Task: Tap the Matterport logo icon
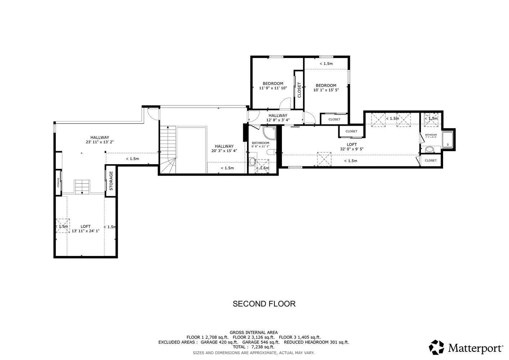[x=436, y=347]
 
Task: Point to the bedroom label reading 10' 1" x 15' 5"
[x=326, y=88]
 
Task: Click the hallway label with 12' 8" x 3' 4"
[x=278, y=118]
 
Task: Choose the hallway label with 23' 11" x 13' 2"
[x=100, y=140]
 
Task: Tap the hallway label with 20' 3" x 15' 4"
[x=224, y=148]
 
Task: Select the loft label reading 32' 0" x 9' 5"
[x=351, y=147]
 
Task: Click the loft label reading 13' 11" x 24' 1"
[x=85, y=229]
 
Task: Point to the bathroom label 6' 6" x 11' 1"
[x=260, y=145]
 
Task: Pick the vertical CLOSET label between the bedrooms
[x=299, y=90]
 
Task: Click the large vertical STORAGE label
[x=111, y=181]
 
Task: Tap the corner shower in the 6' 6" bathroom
[x=269, y=133]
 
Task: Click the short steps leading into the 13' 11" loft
[x=82, y=186]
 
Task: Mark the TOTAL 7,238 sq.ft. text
[x=253, y=347]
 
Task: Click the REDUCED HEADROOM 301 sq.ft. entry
[x=316, y=342]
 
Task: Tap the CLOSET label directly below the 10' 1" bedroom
[x=334, y=119]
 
